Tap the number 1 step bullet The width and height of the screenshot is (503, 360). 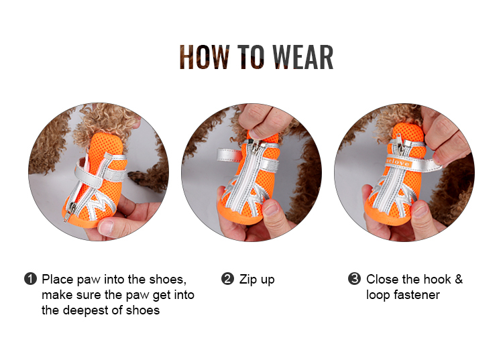pyautogui.click(x=30, y=279)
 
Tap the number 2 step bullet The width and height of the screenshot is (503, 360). pyautogui.click(x=227, y=279)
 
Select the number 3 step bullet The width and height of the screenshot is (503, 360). pyautogui.click(x=354, y=279)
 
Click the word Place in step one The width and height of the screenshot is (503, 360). pyautogui.click(x=56, y=279)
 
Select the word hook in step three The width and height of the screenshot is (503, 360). pyautogui.click(x=435, y=279)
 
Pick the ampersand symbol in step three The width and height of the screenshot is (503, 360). pyautogui.click(x=458, y=279)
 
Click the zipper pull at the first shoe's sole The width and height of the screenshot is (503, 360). pyautogui.click(x=67, y=212)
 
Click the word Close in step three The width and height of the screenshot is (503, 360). pyautogui.click(x=382, y=279)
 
